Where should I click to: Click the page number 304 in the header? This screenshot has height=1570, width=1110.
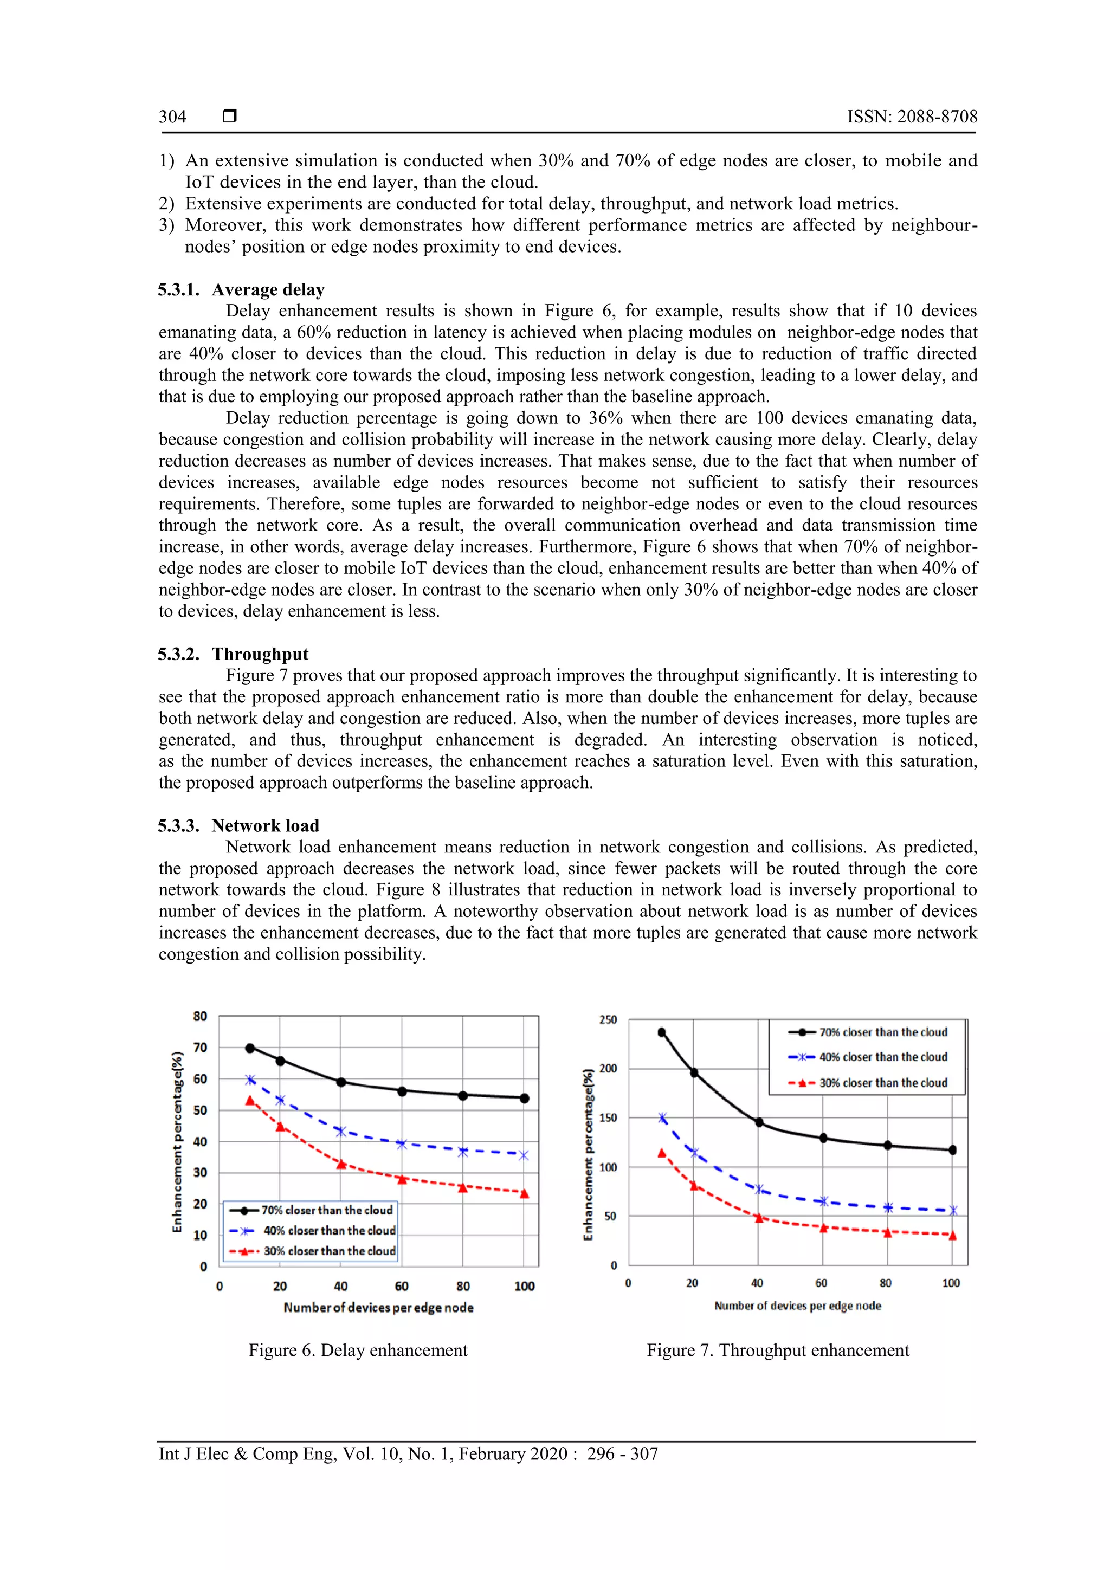(172, 117)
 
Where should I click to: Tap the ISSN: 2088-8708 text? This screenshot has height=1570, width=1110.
(912, 117)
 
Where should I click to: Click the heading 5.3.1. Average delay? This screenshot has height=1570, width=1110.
(241, 289)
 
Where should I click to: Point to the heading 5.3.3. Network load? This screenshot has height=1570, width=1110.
(238, 825)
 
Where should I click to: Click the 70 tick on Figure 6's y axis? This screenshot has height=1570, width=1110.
(199, 1048)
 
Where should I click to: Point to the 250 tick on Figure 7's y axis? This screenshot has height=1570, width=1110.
(608, 1019)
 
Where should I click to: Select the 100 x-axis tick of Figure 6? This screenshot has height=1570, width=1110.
(524, 1286)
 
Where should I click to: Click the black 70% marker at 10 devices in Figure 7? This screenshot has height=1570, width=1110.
(661, 1032)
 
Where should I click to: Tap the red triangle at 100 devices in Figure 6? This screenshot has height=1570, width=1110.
(525, 1194)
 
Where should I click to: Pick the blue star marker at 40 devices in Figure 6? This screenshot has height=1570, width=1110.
(340, 1132)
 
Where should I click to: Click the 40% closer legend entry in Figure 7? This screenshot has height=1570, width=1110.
(882, 1057)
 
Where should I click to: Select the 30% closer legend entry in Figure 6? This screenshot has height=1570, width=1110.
(329, 1251)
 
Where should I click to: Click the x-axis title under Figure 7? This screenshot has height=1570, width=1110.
(797, 1306)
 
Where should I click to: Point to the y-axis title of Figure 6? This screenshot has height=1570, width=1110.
(177, 1141)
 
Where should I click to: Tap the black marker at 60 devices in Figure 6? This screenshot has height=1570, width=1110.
(402, 1091)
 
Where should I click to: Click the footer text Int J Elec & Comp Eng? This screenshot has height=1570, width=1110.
(408, 1454)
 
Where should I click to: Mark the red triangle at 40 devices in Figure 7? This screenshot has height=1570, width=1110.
(758, 1218)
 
